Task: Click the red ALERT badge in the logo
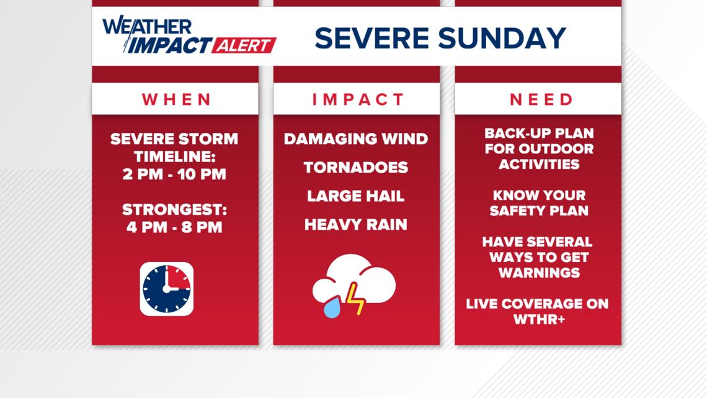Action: (x=244, y=45)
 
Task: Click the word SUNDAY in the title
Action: (x=502, y=38)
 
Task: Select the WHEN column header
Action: (x=176, y=99)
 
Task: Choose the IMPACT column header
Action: (x=358, y=99)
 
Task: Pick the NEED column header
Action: (x=541, y=99)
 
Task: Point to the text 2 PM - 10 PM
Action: (x=174, y=174)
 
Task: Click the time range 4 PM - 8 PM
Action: (x=174, y=227)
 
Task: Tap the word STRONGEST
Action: (x=174, y=209)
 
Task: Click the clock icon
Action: (x=166, y=289)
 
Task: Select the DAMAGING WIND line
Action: (x=356, y=138)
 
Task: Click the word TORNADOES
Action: (x=356, y=168)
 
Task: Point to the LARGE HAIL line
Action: (x=356, y=196)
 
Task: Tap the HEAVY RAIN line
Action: (x=356, y=225)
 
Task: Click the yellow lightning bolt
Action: (x=355, y=298)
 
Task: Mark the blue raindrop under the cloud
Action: (x=332, y=307)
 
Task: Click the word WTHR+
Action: (x=539, y=320)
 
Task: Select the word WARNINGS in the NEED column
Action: (x=539, y=273)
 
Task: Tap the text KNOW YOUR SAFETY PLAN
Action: (x=539, y=203)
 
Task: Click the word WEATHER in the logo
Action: (x=147, y=25)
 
